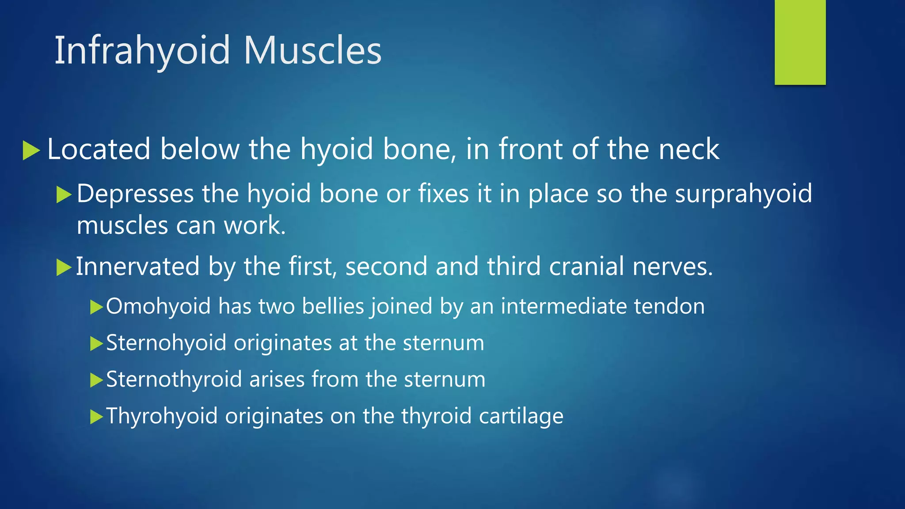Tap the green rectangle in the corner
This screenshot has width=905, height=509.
(x=800, y=42)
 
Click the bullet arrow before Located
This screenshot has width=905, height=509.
(x=31, y=150)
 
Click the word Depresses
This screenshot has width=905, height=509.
(x=135, y=194)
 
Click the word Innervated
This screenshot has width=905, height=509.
(x=137, y=267)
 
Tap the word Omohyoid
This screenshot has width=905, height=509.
(x=158, y=306)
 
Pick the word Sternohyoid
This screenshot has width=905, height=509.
(x=166, y=343)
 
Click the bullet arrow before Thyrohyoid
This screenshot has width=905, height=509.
(x=96, y=417)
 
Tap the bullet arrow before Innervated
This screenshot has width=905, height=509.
(x=64, y=268)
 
